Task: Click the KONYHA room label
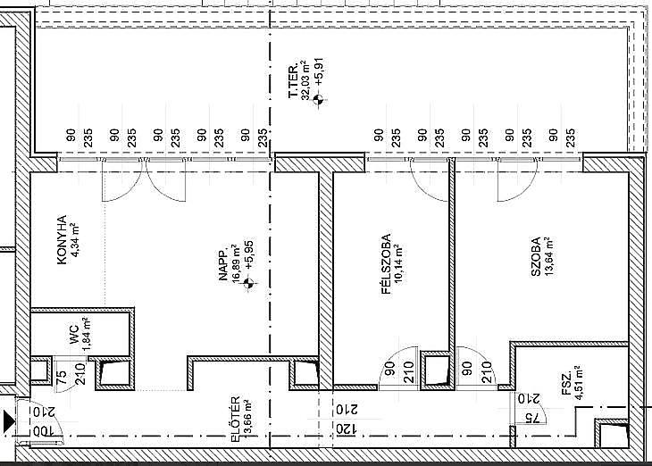click(x=62, y=239)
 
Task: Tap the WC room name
click(x=74, y=334)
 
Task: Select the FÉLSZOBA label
click(x=387, y=264)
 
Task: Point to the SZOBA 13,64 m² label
click(x=543, y=256)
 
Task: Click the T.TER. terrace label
click(x=294, y=80)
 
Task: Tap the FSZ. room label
click(x=567, y=387)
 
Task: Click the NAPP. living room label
click(x=223, y=265)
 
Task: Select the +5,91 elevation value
click(x=320, y=72)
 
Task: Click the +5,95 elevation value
click(x=249, y=254)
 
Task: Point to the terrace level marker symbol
click(x=319, y=99)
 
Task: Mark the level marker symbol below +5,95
click(x=248, y=284)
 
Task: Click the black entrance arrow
click(x=9, y=421)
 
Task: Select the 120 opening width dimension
click(x=347, y=429)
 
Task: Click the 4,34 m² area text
click(x=75, y=240)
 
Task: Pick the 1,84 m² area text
click(x=87, y=334)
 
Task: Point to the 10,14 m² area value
click(x=398, y=264)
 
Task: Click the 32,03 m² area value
click(x=306, y=80)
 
